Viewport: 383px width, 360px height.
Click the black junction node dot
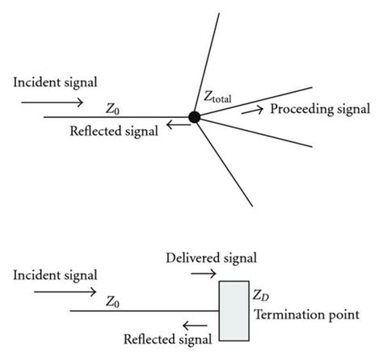coord(194,117)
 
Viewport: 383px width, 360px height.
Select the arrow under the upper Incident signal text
coord(51,103)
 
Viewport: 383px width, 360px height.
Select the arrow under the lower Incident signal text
coord(50,295)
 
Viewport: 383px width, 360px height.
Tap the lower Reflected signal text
coord(168,337)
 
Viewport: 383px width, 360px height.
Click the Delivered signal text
coord(211,258)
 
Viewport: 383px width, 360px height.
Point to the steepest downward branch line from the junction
coord(221,161)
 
